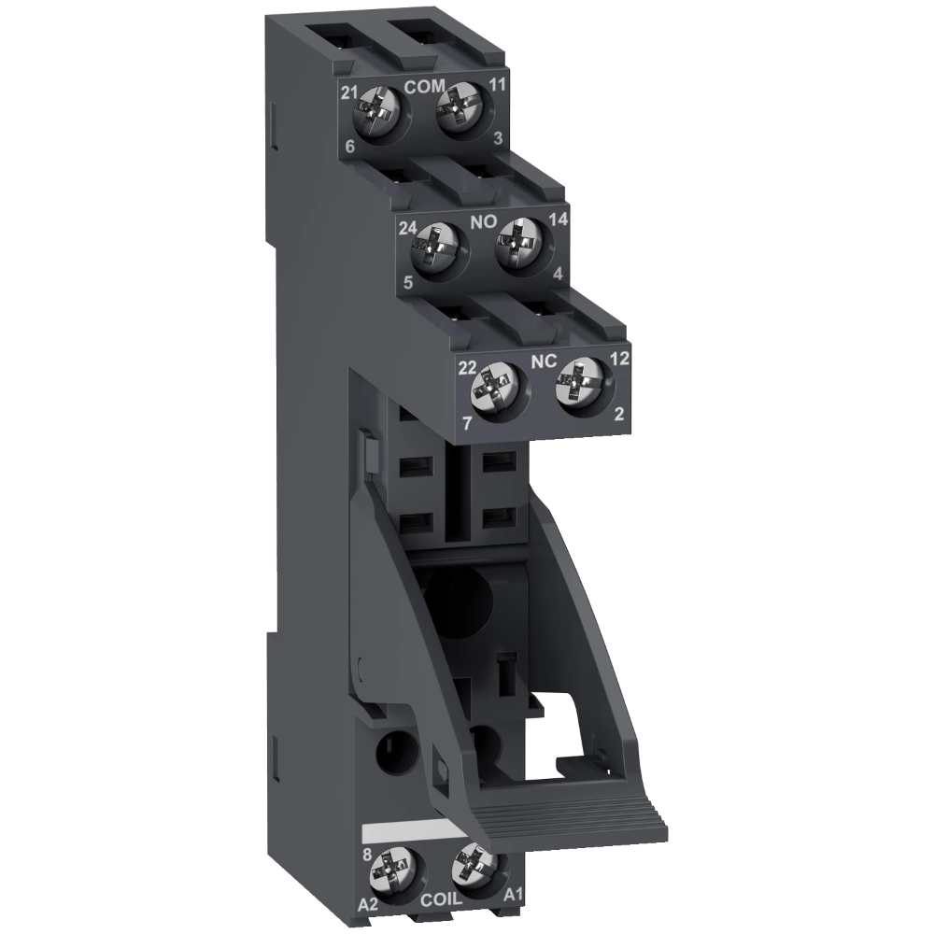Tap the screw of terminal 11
tap(459, 119)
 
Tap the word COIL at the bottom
tap(440, 901)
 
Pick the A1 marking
tap(513, 896)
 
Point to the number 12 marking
tap(618, 358)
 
